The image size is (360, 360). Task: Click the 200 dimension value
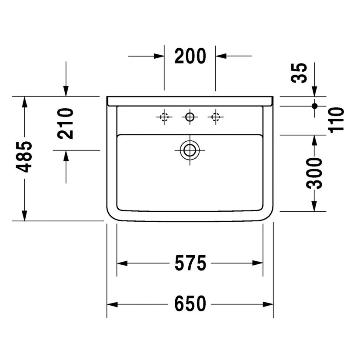pyautogui.click(x=190, y=57)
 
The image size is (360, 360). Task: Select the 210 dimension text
pyautogui.click(x=66, y=123)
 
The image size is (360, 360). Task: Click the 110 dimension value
pyautogui.click(x=336, y=120)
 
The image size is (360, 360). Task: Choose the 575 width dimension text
pyautogui.click(x=190, y=263)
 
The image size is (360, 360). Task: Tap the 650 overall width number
pyautogui.click(x=190, y=304)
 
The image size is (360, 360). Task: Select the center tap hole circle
pyautogui.click(x=190, y=117)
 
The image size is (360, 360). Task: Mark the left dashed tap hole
pyautogui.click(x=164, y=117)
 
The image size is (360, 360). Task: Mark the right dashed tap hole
pyautogui.click(x=215, y=117)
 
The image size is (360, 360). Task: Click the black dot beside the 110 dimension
pyautogui.click(x=314, y=105)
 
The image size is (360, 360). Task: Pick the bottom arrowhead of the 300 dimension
pyautogui.click(x=314, y=206)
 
